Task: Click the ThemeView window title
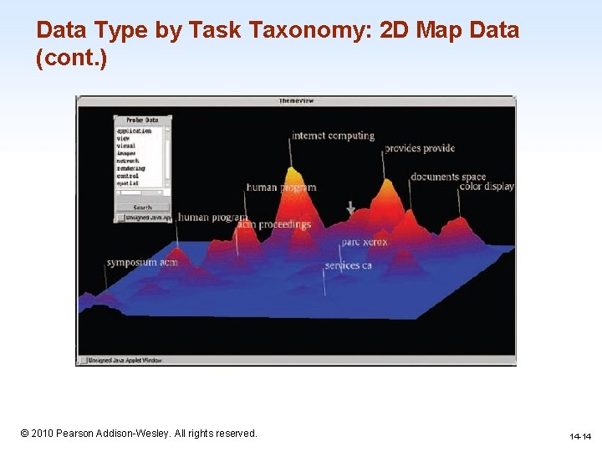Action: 296,101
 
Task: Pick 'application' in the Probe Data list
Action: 134,131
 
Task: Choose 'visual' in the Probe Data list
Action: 127,146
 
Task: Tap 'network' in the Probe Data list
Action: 129,161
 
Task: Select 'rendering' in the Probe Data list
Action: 131,168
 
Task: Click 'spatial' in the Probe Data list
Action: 129,183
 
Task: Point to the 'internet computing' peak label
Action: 333,136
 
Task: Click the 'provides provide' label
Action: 420,149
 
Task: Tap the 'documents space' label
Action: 448,177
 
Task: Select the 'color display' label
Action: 487,187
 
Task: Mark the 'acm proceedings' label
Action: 274,224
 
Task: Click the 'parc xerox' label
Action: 365,243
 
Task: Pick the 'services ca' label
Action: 348,265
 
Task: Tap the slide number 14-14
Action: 580,437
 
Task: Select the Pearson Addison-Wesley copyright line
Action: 139,433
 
